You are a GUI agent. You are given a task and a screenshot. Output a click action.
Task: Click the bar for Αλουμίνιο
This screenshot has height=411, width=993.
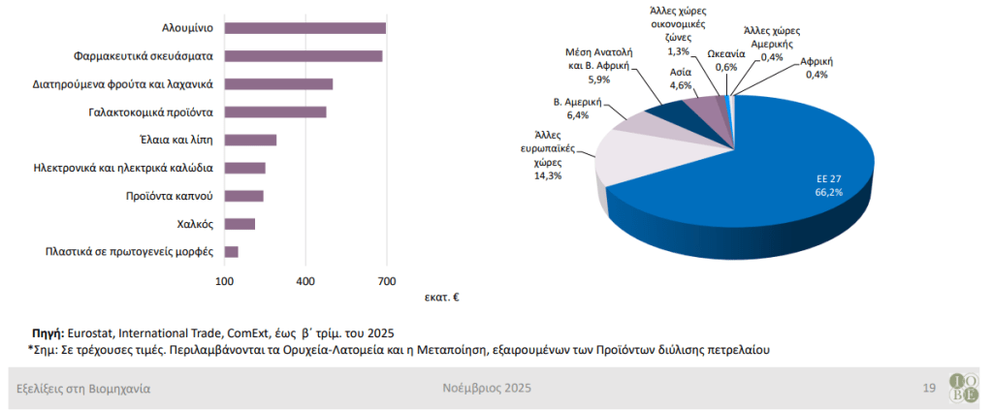[x=305, y=28]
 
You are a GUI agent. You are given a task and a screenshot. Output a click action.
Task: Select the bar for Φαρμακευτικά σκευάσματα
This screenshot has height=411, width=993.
[x=304, y=56]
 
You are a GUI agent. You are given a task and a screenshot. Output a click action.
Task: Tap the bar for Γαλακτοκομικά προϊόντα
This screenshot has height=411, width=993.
[x=275, y=111]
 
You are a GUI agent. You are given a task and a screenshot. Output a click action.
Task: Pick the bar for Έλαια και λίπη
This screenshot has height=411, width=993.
[x=250, y=140]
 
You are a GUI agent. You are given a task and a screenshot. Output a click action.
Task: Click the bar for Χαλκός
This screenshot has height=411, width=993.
[x=240, y=224]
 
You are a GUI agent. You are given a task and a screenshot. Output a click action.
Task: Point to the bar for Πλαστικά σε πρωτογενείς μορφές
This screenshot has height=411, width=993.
[x=231, y=252]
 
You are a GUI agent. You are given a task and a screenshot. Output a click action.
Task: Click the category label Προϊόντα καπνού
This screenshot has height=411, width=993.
[x=169, y=196]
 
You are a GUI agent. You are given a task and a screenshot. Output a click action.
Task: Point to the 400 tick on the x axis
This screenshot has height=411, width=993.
[x=305, y=282]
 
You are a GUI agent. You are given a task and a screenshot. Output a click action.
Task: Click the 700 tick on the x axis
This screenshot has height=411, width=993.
[x=386, y=282]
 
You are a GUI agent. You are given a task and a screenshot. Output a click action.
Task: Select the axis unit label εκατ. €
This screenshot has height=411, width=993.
[x=441, y=298]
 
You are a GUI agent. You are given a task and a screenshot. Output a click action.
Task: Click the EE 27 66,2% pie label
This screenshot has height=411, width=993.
[x=828, y=185]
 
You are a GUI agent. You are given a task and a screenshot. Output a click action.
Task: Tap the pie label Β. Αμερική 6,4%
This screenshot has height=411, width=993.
[x=578, y=108]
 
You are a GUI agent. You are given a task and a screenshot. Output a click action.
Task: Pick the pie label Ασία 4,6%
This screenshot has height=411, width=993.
[x=682, y=79]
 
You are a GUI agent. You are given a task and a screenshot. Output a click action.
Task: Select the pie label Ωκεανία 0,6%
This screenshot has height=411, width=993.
[x=725, y=60]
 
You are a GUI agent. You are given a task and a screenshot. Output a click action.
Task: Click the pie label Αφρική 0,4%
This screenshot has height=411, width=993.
[x=816, y=68]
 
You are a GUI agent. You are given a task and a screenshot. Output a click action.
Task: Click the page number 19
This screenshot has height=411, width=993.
[x=928, y=389]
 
